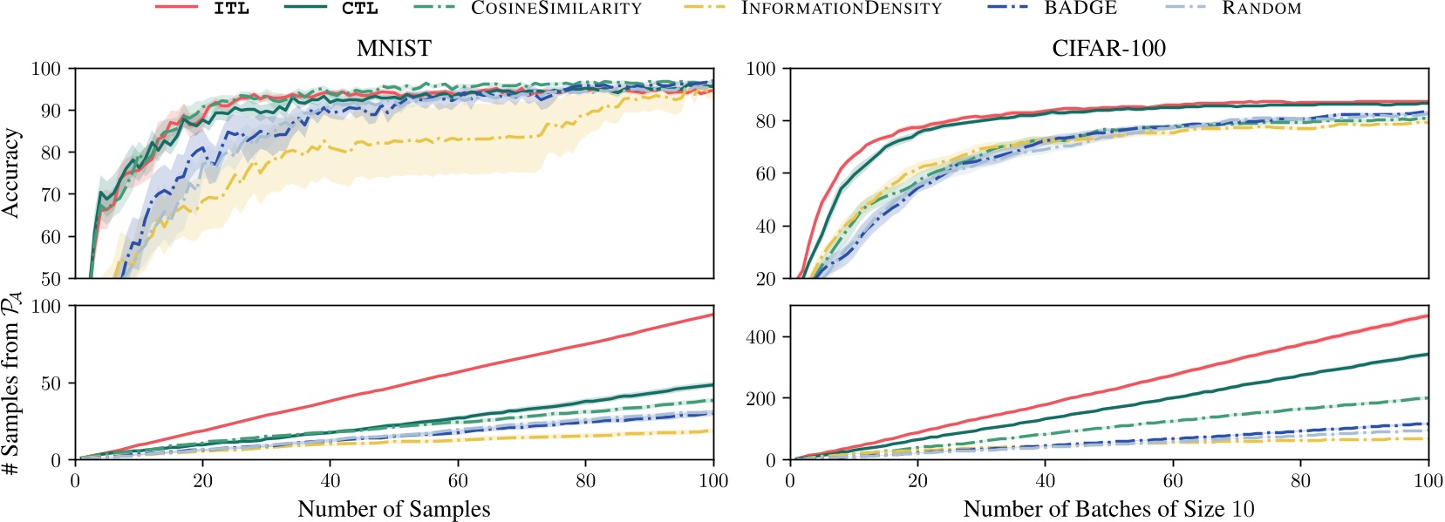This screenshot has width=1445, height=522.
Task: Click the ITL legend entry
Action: click(x=230, y=9)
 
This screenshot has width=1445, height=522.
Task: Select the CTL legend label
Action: click(x=359, y=9)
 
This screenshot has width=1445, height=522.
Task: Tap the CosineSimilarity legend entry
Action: click(x=556, y=9)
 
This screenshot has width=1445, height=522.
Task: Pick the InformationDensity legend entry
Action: click(x=841, y=9)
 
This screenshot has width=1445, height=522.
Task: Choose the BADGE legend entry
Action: click(x=1080, y=9)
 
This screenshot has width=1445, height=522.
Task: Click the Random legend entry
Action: click(x=1261, y=9)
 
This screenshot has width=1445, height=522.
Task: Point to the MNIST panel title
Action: click(x=394, y=49)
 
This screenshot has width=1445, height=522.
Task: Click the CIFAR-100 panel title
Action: click(x=1108, y=49)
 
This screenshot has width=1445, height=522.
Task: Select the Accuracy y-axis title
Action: click(x=11, y=173)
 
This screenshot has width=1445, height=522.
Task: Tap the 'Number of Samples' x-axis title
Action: click(x=394, y=509)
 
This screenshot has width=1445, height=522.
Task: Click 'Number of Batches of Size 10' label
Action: click(x=1108, y=509)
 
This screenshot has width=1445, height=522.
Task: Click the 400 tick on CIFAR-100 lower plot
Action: click(x=760, y=337)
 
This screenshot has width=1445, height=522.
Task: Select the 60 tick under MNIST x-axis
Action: click(x=458, y=481)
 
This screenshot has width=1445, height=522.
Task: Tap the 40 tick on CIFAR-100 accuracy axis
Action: click(x=766, y=227)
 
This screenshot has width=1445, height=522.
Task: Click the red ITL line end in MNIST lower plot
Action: click(x=712, y=315)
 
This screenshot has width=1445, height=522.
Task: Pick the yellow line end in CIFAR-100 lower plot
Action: click(x=1426, y=438)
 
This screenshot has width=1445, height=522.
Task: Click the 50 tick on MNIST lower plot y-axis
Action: click(x=51, y=383)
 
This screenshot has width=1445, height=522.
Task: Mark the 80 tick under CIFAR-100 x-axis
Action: click(x=1300, y=481)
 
